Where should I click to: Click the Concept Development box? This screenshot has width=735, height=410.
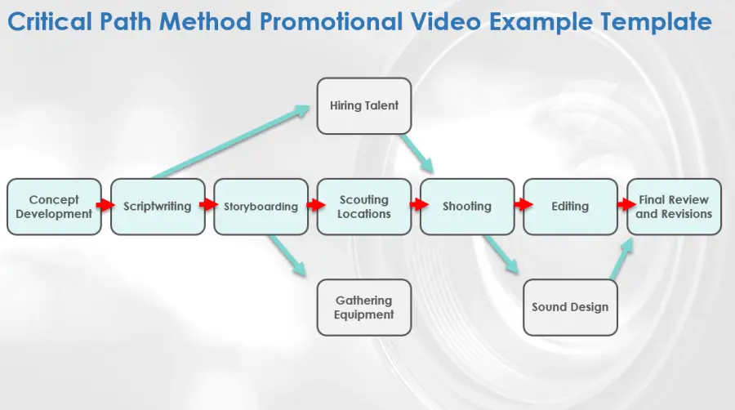[55, 207]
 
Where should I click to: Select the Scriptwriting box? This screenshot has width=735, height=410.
[158, 207]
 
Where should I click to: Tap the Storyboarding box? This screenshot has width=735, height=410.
[261, 207]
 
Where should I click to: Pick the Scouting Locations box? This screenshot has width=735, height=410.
[364, 207]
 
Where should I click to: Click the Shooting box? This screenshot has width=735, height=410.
[467, 207]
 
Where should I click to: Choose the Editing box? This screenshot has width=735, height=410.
[571, 207]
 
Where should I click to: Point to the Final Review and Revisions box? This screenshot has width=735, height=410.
[674, 207]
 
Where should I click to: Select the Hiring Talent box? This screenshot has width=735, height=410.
[364, 106]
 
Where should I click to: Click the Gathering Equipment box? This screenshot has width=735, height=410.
[364, 307]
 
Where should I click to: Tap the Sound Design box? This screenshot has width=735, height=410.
[571, 307]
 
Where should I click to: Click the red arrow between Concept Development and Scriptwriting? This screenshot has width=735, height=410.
[105, 205]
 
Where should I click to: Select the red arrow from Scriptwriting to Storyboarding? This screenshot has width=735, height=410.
[208, 204]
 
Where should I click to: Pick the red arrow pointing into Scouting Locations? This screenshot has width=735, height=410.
[316, 205]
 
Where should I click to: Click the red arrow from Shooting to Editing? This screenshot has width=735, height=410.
[523, 204]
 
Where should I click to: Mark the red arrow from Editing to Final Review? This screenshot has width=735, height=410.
[626, 204]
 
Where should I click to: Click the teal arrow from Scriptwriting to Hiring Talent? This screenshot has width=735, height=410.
[230, 142]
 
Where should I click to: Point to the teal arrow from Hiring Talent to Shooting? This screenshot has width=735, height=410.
[416, 154]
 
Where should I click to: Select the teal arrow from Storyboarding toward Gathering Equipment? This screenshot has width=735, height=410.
[287, 256]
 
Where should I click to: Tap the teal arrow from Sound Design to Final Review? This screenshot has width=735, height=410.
[621, 259]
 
